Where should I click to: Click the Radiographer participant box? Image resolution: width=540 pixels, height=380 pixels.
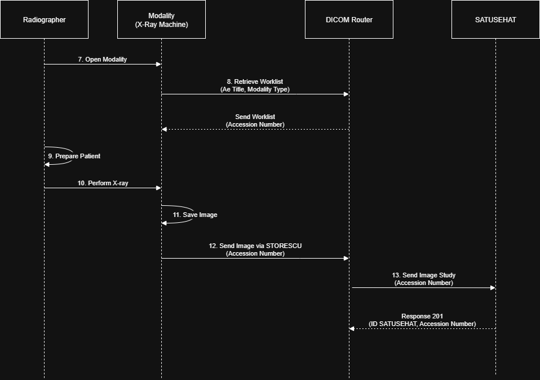pos(44,19)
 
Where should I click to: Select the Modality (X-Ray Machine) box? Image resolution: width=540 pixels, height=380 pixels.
pos(161,19)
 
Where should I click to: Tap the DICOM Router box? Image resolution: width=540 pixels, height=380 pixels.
pos(349,19)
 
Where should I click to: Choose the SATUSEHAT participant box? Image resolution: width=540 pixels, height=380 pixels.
pos(495,19)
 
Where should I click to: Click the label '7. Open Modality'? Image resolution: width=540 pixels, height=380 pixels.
pos(103,59)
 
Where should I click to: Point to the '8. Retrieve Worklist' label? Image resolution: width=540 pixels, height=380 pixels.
pos(255,82)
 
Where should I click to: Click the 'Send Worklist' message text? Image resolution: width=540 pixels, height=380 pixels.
pos(255,117)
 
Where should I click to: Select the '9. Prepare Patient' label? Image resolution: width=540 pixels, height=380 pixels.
pos(74,157)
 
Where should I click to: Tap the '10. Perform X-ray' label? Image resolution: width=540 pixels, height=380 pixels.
pos(103,183)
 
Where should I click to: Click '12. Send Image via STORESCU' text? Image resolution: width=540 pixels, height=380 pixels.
pos(255,246)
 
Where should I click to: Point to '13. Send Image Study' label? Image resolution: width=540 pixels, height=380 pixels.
pos(423,275)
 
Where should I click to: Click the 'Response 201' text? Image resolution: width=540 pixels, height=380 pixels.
pos(422,316)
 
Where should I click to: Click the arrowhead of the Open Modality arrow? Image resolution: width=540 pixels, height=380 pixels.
pos(159,64)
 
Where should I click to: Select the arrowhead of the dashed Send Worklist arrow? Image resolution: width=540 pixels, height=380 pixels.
pos(164,129)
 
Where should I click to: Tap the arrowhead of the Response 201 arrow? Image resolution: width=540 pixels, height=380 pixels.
pos(352,328)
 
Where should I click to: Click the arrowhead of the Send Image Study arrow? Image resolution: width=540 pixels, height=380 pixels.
pos(493,287)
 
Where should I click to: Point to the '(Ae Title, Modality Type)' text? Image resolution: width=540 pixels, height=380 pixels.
pos(255,89)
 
